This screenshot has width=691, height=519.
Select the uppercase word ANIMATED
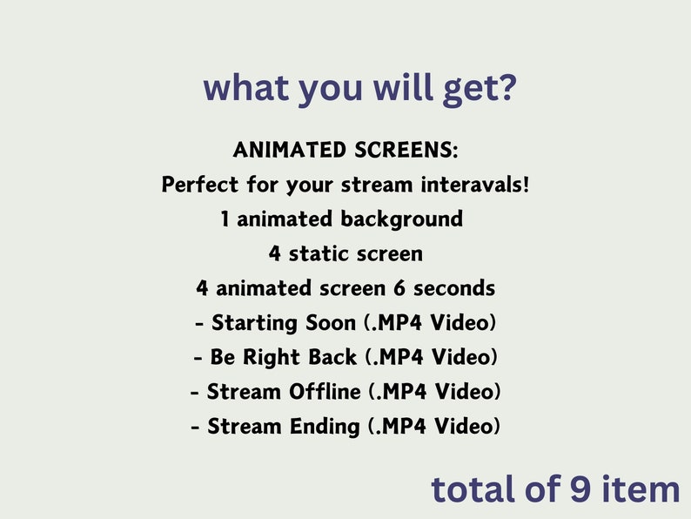pyautogui.click(x=289, y=150)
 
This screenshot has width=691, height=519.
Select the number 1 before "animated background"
pyautogui.click(x=225, y=219)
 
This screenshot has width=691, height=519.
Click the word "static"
pyautogui.click(x=325, y=253)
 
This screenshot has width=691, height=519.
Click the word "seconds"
pyautogui.click(x=454, y=288)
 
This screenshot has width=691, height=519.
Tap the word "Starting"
pyautogui.click(x=252, y=323)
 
